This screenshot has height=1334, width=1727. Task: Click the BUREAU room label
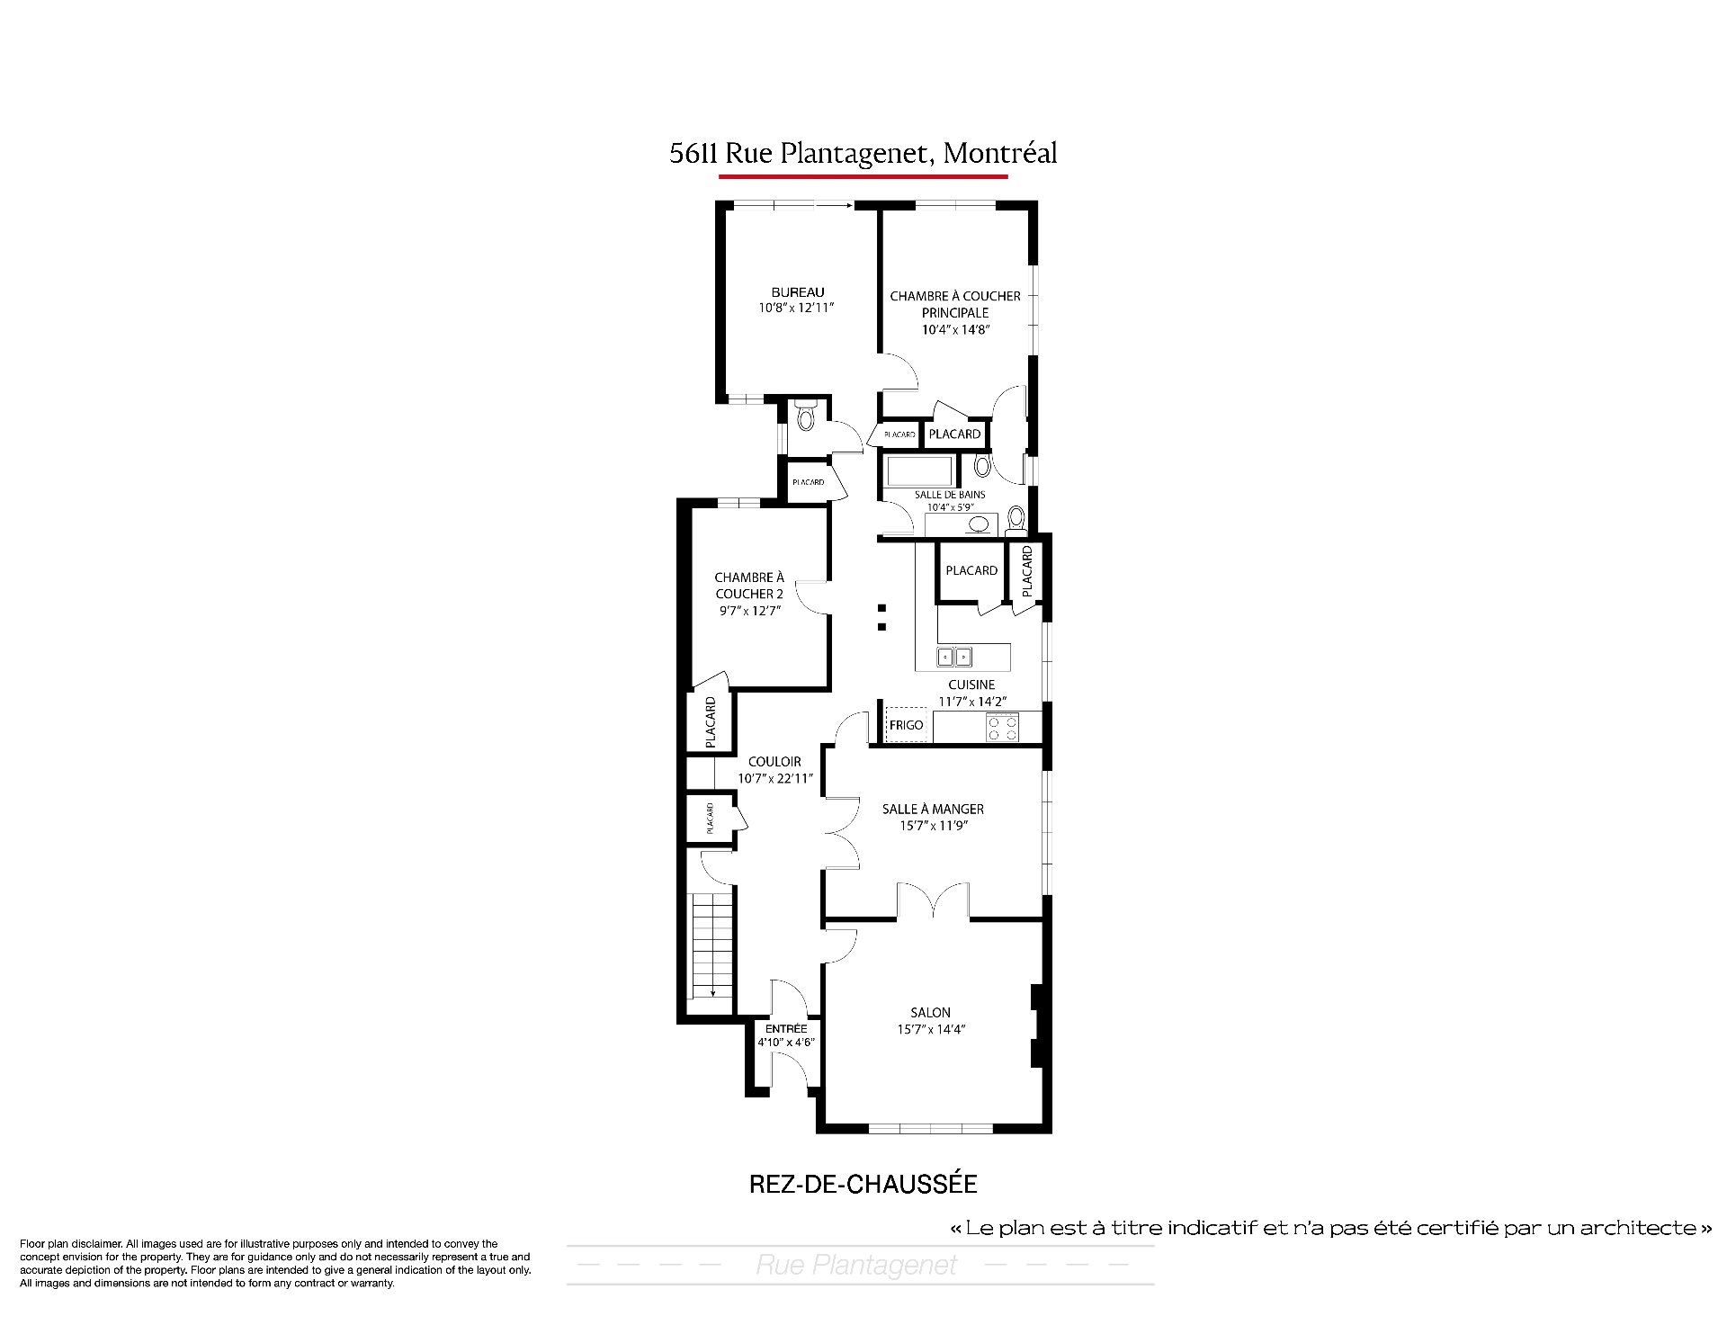(797, 292)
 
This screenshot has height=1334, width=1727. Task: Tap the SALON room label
(930, 1013)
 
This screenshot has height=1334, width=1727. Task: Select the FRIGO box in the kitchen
(906, 725)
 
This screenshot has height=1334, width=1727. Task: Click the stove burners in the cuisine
(1002, 728)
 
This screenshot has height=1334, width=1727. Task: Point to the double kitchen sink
(955, 657)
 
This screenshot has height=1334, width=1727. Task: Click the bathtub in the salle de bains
(920, 471)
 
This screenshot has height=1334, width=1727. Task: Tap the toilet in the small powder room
(805, 417)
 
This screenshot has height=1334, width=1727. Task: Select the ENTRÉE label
(786, 1029)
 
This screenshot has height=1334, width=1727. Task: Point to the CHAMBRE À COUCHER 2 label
(749, 586)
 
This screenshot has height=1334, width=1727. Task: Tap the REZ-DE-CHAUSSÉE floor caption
(863, 1184)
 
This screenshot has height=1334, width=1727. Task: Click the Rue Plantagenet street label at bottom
(856, 1266)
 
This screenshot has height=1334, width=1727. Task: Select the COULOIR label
(774, 762)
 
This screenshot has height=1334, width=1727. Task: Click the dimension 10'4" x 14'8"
(955, 329)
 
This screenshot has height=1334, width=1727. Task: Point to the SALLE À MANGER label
(933, 810)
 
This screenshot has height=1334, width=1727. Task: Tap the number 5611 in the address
(693, 154)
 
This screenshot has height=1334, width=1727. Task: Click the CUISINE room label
(971, 685)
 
